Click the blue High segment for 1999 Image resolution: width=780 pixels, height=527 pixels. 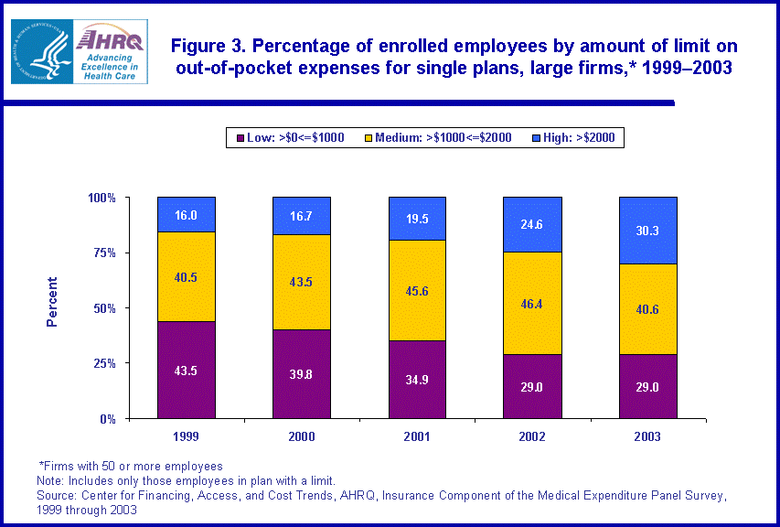pyautogui.click(x=187, y=214)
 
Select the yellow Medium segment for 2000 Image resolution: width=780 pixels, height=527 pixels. pyautogui.click(x=302, y=282)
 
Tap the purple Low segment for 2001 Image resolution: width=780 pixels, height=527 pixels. pyautogui.click(x=417, y=379)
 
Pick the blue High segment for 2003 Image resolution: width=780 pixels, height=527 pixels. pyautogui.click(x=647, y=230)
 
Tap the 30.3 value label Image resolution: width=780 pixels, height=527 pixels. pyautogui.click(x=647, y=231)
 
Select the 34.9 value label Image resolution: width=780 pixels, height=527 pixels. pyautogui.click(x=417, y=379)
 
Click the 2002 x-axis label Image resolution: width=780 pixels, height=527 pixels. pyautogui.click(x=532, y=436)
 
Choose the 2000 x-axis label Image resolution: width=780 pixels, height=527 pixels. pyautogui.click(x=302, y=436)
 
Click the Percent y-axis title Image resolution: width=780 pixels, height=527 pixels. pyautogui.click(x=52, y=302)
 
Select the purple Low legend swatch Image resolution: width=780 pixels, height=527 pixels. pyautogui.click(x=240, y=138)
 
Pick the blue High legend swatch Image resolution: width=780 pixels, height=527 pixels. pyautogui.click(x=539, y=138)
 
